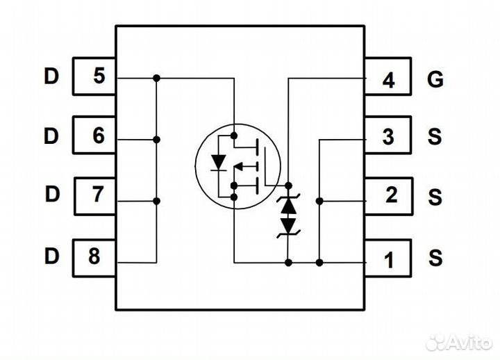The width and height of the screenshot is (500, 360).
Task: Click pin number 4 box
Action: pos(390,81)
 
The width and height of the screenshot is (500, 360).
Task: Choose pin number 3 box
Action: pos(390,137)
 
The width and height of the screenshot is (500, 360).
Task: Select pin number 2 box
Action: pos(390,196)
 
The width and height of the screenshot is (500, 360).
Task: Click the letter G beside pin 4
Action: pos(435,80)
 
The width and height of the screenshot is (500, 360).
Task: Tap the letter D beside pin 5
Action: pos(51,76)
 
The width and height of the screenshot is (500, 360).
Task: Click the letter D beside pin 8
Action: pos(51,256)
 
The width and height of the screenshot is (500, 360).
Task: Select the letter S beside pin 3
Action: pos(435,137)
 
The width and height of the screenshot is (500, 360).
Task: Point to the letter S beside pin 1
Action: pos(435,259)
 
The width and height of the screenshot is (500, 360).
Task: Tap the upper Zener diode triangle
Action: pos(287,206)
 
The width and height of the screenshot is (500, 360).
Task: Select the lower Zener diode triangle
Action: pos(287,224)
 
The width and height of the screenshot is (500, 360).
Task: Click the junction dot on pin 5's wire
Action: pos(157,78)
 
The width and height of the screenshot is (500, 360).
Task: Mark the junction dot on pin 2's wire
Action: pos(319,201)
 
